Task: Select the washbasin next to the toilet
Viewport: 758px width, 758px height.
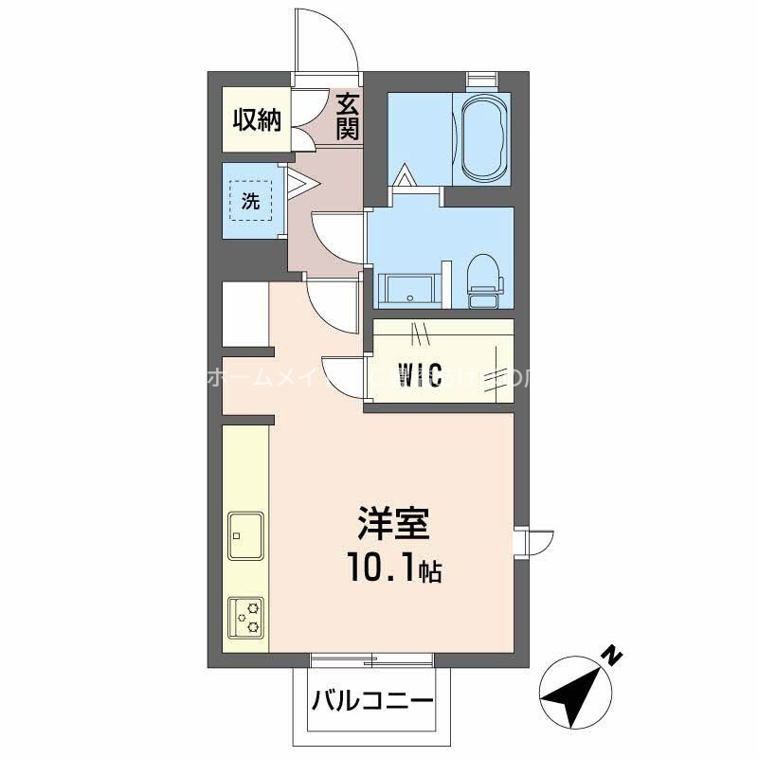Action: (408, 289)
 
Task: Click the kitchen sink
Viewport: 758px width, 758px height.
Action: (245, 536)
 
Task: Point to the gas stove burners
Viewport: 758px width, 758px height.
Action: (245, 617)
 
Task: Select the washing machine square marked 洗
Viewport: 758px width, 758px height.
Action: (250, 201)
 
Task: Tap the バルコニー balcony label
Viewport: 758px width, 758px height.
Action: (371, 702)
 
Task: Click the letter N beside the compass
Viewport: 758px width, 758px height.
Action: (613, 654)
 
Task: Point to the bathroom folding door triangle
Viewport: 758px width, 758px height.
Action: (405, 177)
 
